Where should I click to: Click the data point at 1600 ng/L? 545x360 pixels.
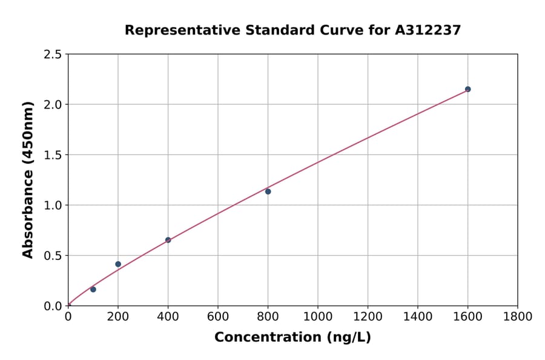467,89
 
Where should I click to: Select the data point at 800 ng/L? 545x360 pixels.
268,192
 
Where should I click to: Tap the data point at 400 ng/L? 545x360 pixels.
168,240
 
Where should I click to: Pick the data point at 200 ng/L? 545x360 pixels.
118,264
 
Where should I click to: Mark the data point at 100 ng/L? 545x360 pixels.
93,289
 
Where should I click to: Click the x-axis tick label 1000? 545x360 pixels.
317,316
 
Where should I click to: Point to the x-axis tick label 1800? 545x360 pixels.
517,316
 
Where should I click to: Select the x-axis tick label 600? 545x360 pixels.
217,316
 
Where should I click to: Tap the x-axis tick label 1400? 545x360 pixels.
417,316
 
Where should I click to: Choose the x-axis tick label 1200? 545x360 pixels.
368,316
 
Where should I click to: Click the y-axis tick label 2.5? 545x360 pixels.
53,55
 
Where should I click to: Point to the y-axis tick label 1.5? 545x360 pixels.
53,155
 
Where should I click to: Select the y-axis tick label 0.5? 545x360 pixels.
53,256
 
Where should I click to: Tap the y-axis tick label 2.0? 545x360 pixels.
53,105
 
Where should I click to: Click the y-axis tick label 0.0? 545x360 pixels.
53,306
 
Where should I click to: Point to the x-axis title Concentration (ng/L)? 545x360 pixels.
292,338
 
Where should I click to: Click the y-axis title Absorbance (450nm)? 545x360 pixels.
28,179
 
